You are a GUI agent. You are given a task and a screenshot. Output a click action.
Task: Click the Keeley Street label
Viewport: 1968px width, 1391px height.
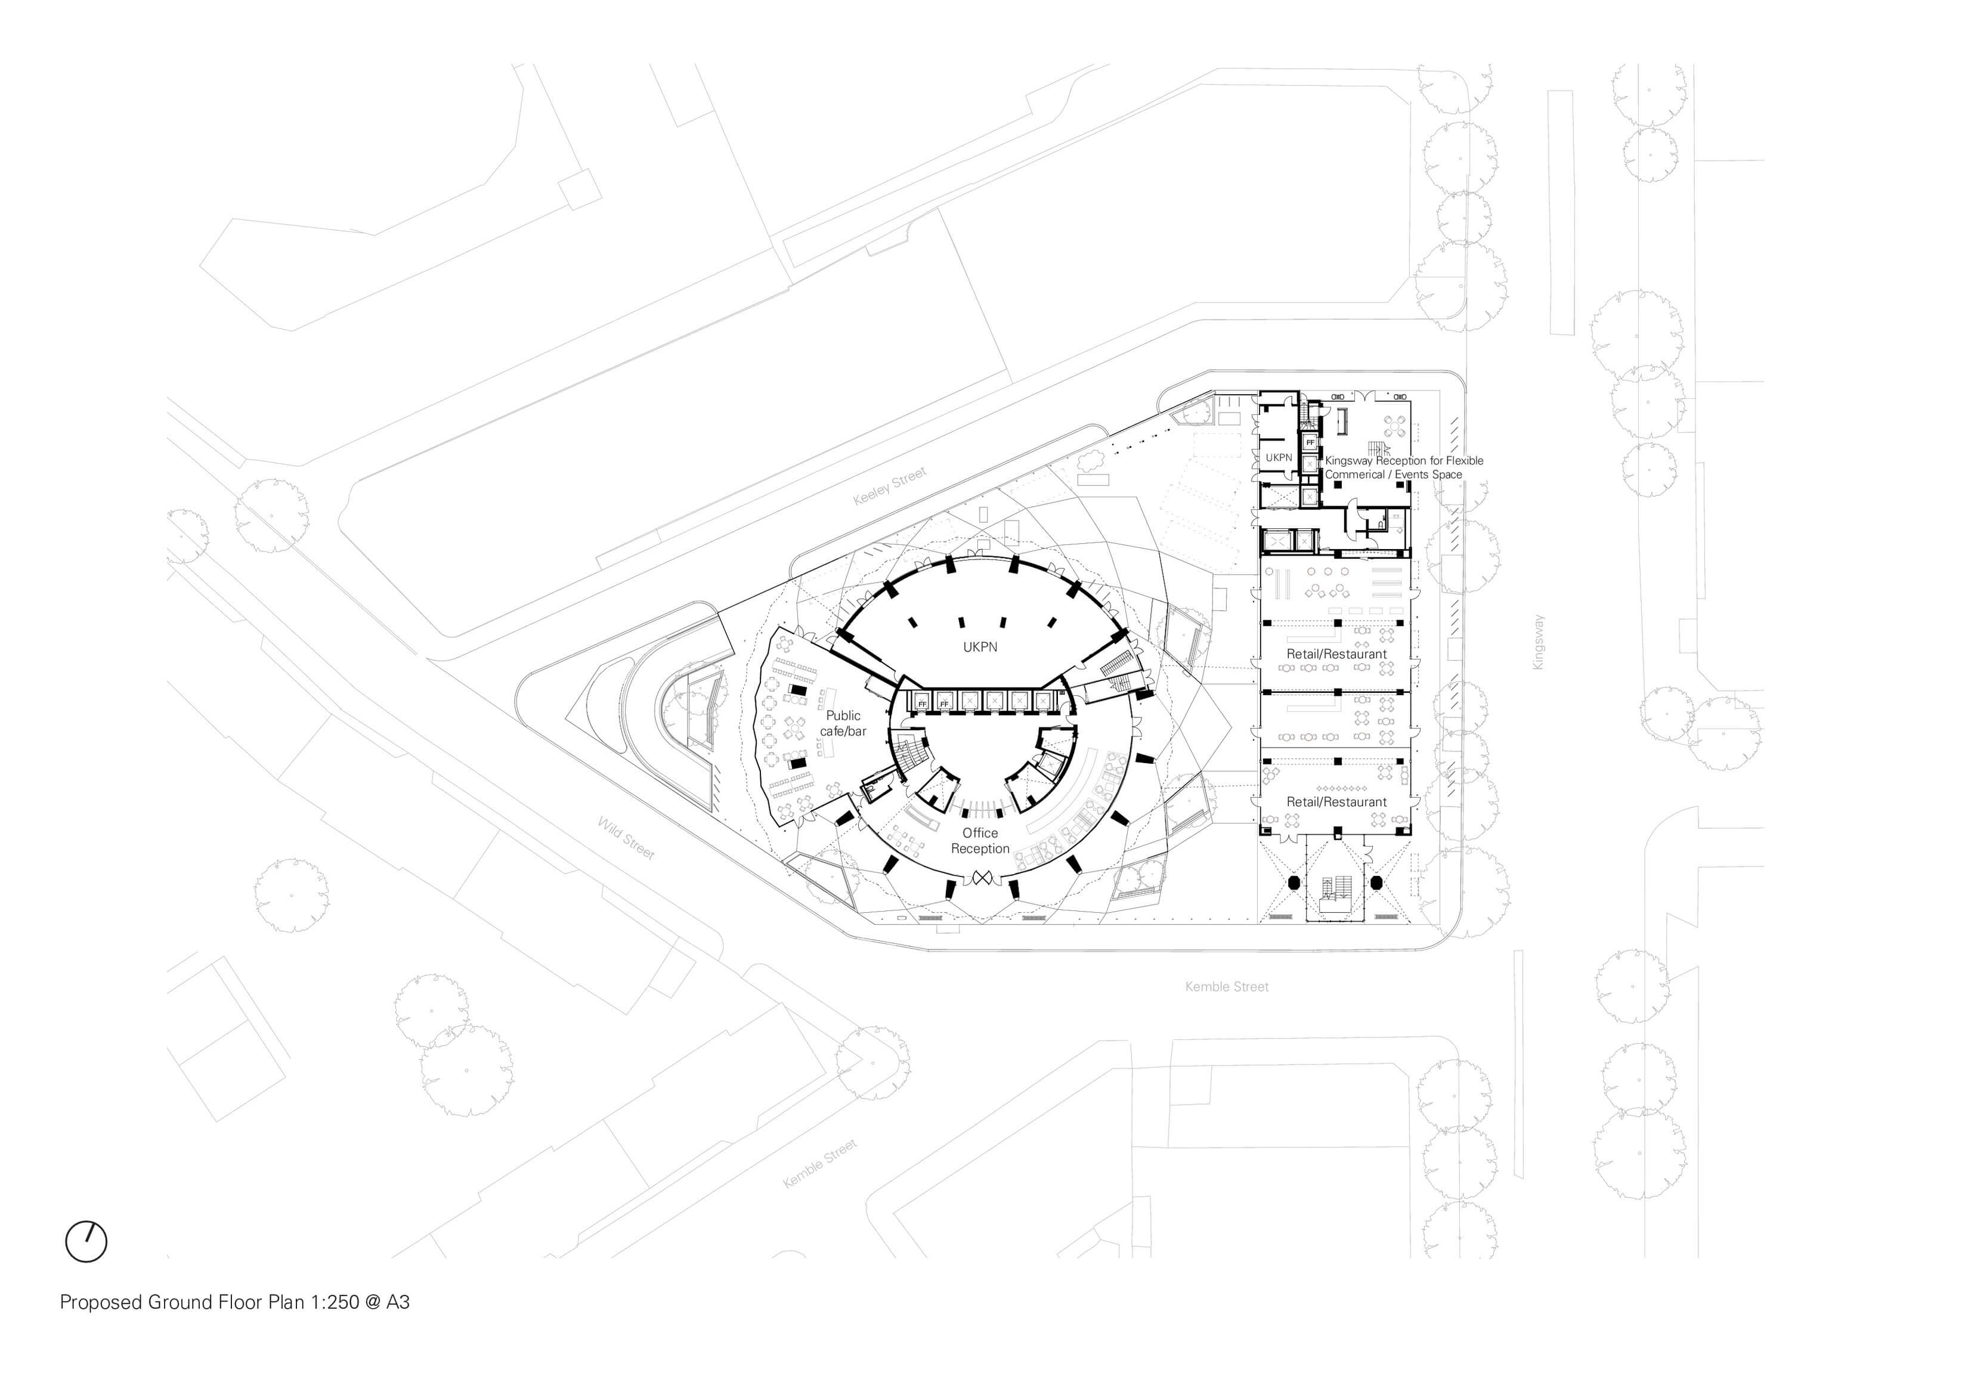(890, 486)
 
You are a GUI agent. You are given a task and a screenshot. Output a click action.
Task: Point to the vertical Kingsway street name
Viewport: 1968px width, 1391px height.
(1539, 642)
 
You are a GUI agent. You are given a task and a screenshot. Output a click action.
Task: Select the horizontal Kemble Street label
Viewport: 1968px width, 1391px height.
(1227, 987)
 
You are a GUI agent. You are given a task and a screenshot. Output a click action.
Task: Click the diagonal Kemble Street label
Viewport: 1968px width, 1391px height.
(820, 1163)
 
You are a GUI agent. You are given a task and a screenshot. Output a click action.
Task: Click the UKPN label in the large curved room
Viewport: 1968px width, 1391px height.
(980, 647)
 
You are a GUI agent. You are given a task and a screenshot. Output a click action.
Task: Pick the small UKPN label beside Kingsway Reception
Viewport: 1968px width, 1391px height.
(1279, 458)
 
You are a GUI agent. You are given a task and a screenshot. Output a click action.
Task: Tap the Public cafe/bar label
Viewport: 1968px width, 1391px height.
(843, 723)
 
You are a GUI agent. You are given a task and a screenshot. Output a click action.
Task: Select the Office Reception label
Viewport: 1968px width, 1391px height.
(980, 841)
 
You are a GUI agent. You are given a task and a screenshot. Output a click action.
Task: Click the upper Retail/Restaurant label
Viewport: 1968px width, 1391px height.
(1336, 654)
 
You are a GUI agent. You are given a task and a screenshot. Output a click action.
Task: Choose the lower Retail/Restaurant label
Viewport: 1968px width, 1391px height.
(1336, 802)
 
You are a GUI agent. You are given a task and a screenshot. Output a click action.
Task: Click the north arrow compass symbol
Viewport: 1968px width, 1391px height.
(86, 1241)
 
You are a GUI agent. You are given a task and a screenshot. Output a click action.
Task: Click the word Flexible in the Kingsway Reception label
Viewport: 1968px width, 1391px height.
(1465, 460)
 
